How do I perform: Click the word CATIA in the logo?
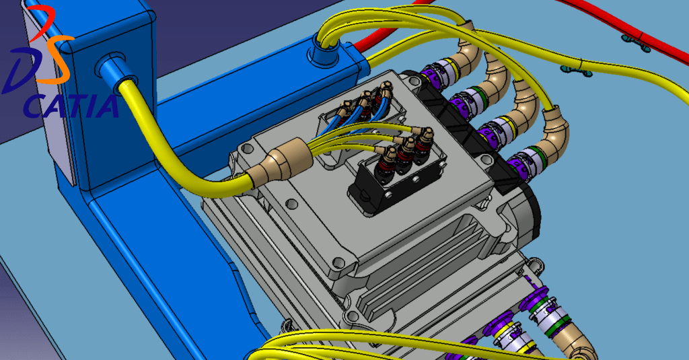[71, 106]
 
